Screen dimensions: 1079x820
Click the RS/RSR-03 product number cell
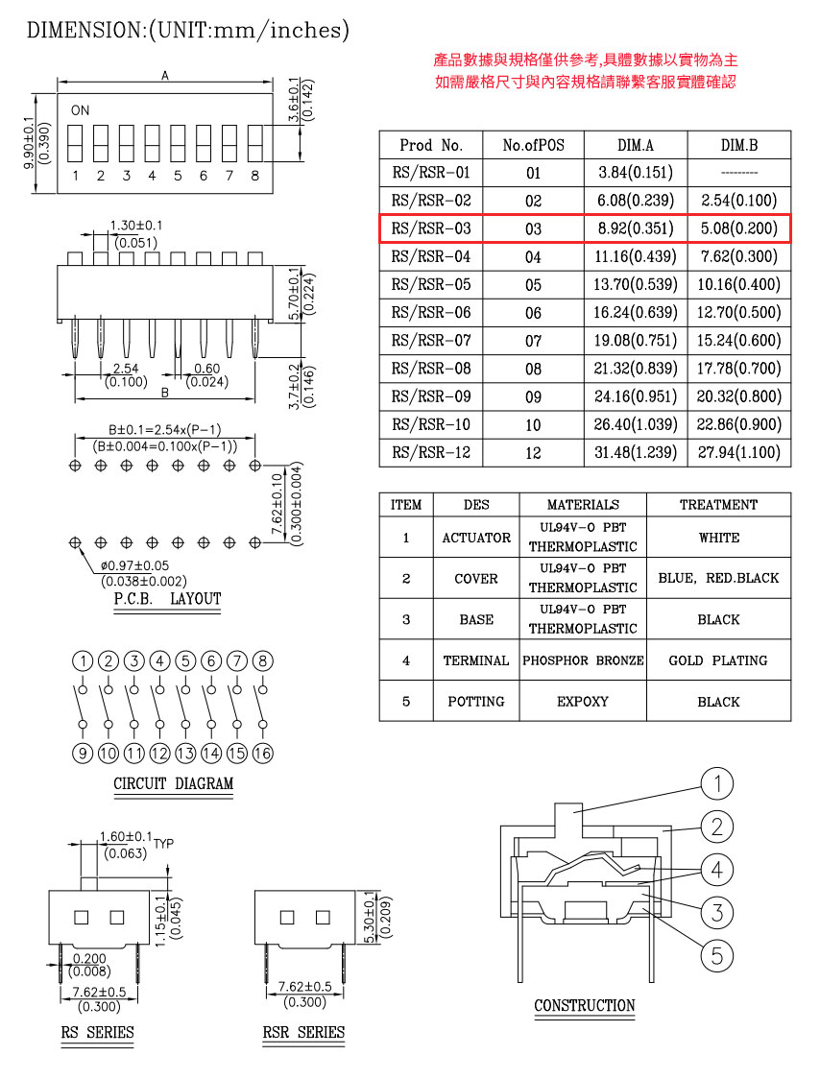(x=431, y=228)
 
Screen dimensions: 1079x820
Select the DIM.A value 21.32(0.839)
(x=635, y=369)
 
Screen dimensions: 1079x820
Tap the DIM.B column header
(x=739, y=145)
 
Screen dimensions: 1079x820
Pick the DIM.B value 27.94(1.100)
(x=739, y=452)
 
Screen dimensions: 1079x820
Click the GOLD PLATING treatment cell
(x=718, y=660)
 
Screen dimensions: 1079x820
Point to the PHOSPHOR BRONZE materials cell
(x=583, y=660)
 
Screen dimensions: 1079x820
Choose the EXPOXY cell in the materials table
(x=583, y=701)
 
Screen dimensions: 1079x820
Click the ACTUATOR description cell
(x=476, y=538)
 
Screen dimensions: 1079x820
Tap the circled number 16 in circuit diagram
(x=263, y=754)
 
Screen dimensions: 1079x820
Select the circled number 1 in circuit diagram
(x=84, y=661)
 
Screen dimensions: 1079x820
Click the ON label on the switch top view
(x=80, y=110)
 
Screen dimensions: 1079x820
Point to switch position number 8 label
(x=254, y=176)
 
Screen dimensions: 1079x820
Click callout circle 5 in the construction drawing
(x=716, y=954)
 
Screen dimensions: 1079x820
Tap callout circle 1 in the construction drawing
(x=716, y=784)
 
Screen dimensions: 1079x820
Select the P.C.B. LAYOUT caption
(x=167, y=599)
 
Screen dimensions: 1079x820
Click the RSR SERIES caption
(x=303, y=1033)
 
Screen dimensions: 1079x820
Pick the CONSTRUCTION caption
(x=585, y=1006)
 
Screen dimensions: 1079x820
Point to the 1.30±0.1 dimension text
(x=136, y=225)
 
